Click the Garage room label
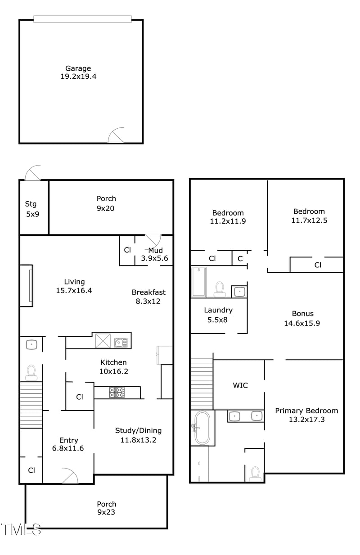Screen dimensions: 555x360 click(x=78, y=68)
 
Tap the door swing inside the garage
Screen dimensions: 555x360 click(x=117, y=135)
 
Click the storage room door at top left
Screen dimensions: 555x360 click(x=33, y=173)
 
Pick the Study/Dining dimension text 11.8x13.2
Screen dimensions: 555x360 click(x=138, y=440)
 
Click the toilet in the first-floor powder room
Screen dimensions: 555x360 click(x=31, y=371)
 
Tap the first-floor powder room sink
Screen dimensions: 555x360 click(x=31, y=345)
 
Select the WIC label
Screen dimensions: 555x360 click(x=240, y=385)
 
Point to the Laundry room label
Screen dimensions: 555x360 click(x=218, y=310)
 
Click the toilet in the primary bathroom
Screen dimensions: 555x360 click(x=256, y=474)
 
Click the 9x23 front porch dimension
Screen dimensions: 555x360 click(x=107, y=512)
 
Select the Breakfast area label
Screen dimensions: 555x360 click(x=148, y=292)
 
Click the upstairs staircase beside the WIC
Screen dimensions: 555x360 click(x=201, y=383)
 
